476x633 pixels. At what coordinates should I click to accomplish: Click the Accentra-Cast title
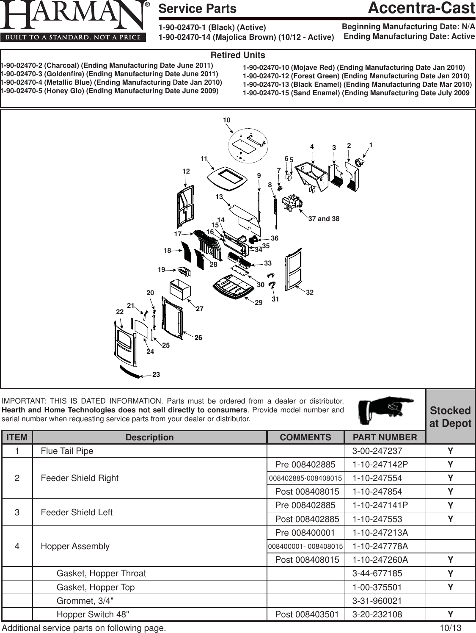point(421,8)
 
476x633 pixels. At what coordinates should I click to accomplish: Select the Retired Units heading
point(238,55)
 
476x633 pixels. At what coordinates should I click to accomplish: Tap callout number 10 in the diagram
point(227,120)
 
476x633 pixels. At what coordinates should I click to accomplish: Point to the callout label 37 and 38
point(324,219)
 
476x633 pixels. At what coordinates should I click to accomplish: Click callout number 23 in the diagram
point(156,375)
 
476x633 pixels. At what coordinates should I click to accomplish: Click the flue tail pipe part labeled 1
point(360,162)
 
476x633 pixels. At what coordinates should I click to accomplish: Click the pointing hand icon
point(385,409)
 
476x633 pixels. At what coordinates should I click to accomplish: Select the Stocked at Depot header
point(450,417)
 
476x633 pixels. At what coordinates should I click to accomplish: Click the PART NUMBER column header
point(385,437)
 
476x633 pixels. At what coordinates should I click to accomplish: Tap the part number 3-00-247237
point(377,451)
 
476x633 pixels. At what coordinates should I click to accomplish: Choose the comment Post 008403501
point(307,614)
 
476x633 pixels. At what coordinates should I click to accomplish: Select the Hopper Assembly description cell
point(75,546)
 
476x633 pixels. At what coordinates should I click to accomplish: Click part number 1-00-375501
point(377,587)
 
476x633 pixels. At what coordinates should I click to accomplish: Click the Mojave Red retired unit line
point(354,68)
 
